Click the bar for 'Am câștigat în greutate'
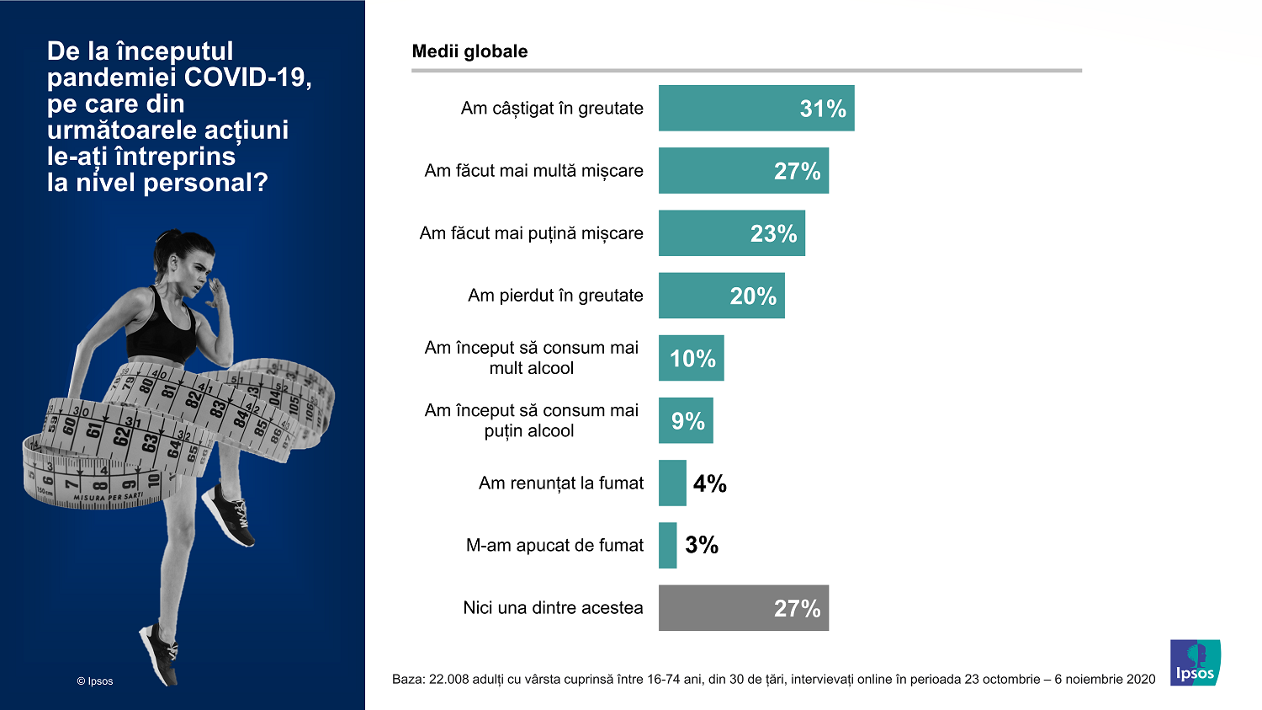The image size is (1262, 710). click(x=756, y=108)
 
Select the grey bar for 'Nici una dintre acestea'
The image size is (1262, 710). click(x=743, y=607)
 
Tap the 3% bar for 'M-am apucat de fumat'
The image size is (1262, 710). click(x=667, y=545)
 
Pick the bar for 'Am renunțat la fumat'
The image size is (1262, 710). click(x=672, y=483)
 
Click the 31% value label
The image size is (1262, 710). click(x=822, y=109)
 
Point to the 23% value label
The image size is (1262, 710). click(x=773, y=233)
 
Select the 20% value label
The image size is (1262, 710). click(x=752, y=296)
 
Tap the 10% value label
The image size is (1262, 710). click(x=692, y=358)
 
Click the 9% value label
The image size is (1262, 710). click(x=687, y=420)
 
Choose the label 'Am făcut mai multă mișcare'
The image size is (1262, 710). click(x=533, y=171)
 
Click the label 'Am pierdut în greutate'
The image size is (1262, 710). click(x=555, y=296)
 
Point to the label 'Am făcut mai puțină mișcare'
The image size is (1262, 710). click(x=531, y=233)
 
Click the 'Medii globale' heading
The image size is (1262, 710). click(x=469, y=51)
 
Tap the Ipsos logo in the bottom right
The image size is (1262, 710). click(x=1195, y=663)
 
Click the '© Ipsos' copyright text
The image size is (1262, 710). click(x=94, y=681)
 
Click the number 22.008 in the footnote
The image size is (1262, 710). click(x=448, y=680)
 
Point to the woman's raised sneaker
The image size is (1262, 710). click(x=229, y=513)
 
